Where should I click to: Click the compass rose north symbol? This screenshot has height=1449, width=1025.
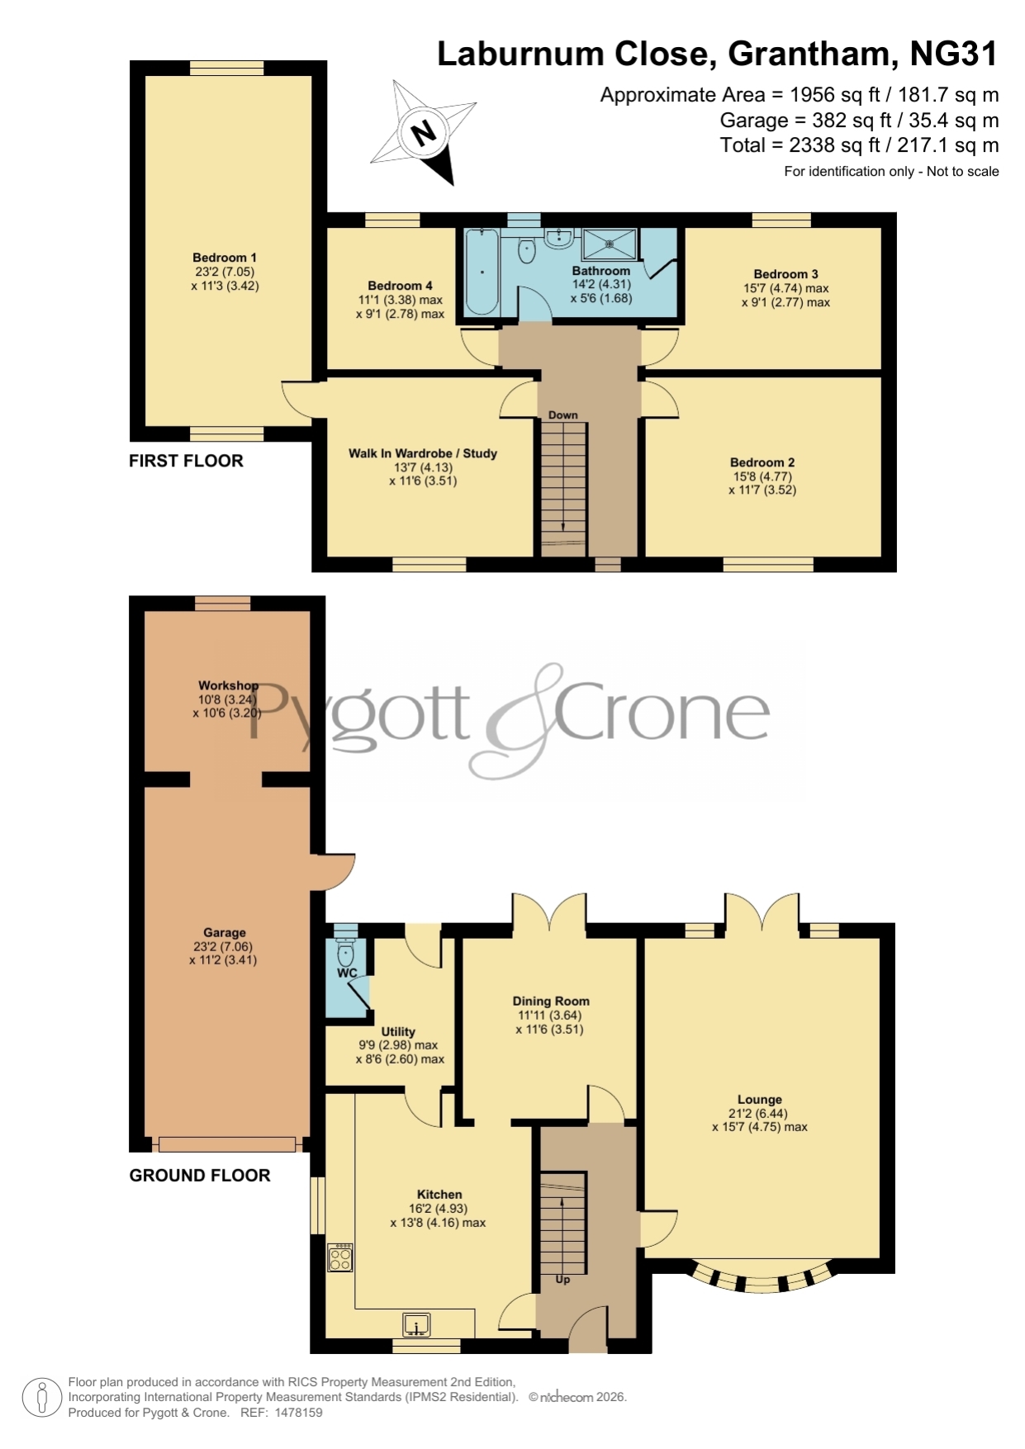[424, 132]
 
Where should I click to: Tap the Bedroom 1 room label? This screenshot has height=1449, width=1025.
[225, 258]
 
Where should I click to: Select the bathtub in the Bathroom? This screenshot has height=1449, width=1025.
[482, 271]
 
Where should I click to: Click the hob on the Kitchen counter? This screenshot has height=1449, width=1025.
[340, 1257]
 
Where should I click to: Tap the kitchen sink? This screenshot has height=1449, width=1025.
[417, 1325]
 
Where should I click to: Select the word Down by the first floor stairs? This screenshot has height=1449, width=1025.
[563, 414]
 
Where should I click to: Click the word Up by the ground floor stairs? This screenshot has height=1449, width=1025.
[562, 1279]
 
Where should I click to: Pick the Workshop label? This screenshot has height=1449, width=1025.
[228, 685]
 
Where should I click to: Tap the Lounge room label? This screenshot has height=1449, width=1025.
[760, 1100]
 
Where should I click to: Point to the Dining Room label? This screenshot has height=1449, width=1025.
[551, 1001]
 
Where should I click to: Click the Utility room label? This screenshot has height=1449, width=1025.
[398, 1032]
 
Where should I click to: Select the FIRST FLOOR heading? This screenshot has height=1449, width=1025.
[186, 461]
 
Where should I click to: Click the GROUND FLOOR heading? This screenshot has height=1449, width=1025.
[200, 1176]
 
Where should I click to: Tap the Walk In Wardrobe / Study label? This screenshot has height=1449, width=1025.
[423, 453]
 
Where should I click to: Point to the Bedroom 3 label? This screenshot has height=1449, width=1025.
[786, 274]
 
